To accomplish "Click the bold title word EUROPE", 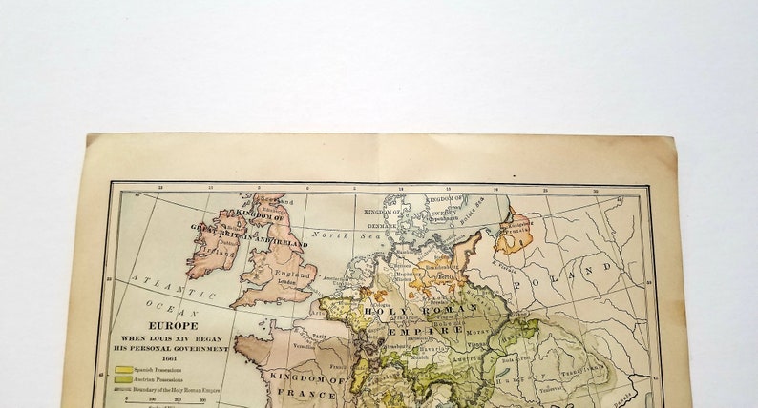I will (173, 325).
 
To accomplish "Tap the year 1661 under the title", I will (173, 357).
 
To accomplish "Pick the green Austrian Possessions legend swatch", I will (122, 380).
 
